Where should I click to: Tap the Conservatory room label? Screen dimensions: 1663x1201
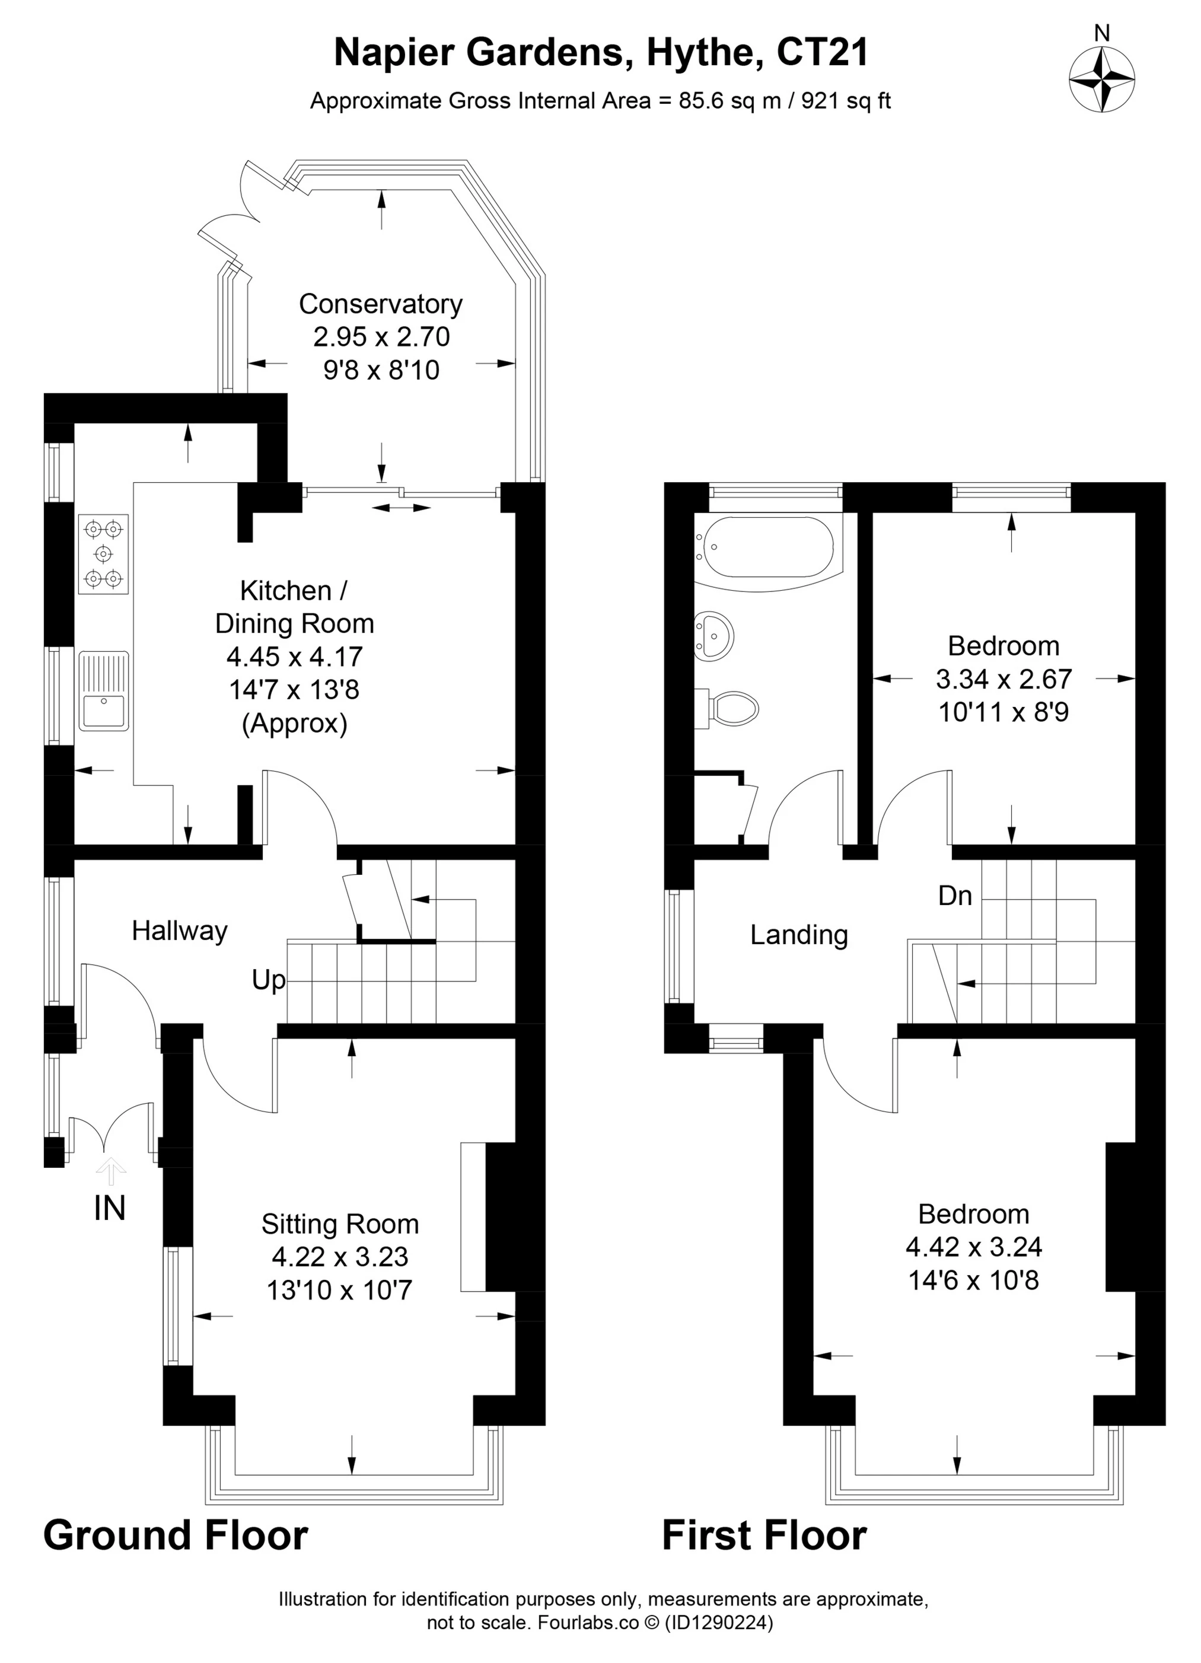(x=381, y=304)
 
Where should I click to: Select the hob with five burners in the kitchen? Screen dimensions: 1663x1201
(x=103, y=553)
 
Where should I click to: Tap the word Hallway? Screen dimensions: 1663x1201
(x=180, y=931)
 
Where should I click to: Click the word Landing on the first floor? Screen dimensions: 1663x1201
(x=798, y=935)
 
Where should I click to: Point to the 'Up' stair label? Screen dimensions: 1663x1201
(x=268, y=980)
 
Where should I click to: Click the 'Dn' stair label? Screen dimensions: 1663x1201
(x=955, y=896)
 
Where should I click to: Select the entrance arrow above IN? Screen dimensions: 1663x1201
(x=111, y=1171)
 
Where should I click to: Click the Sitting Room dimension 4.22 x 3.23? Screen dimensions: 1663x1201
(x=339, y=1257)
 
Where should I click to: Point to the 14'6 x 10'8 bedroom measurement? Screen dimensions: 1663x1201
(x=973, y=1280)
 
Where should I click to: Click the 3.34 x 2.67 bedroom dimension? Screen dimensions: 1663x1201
(x=1004, y=679)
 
